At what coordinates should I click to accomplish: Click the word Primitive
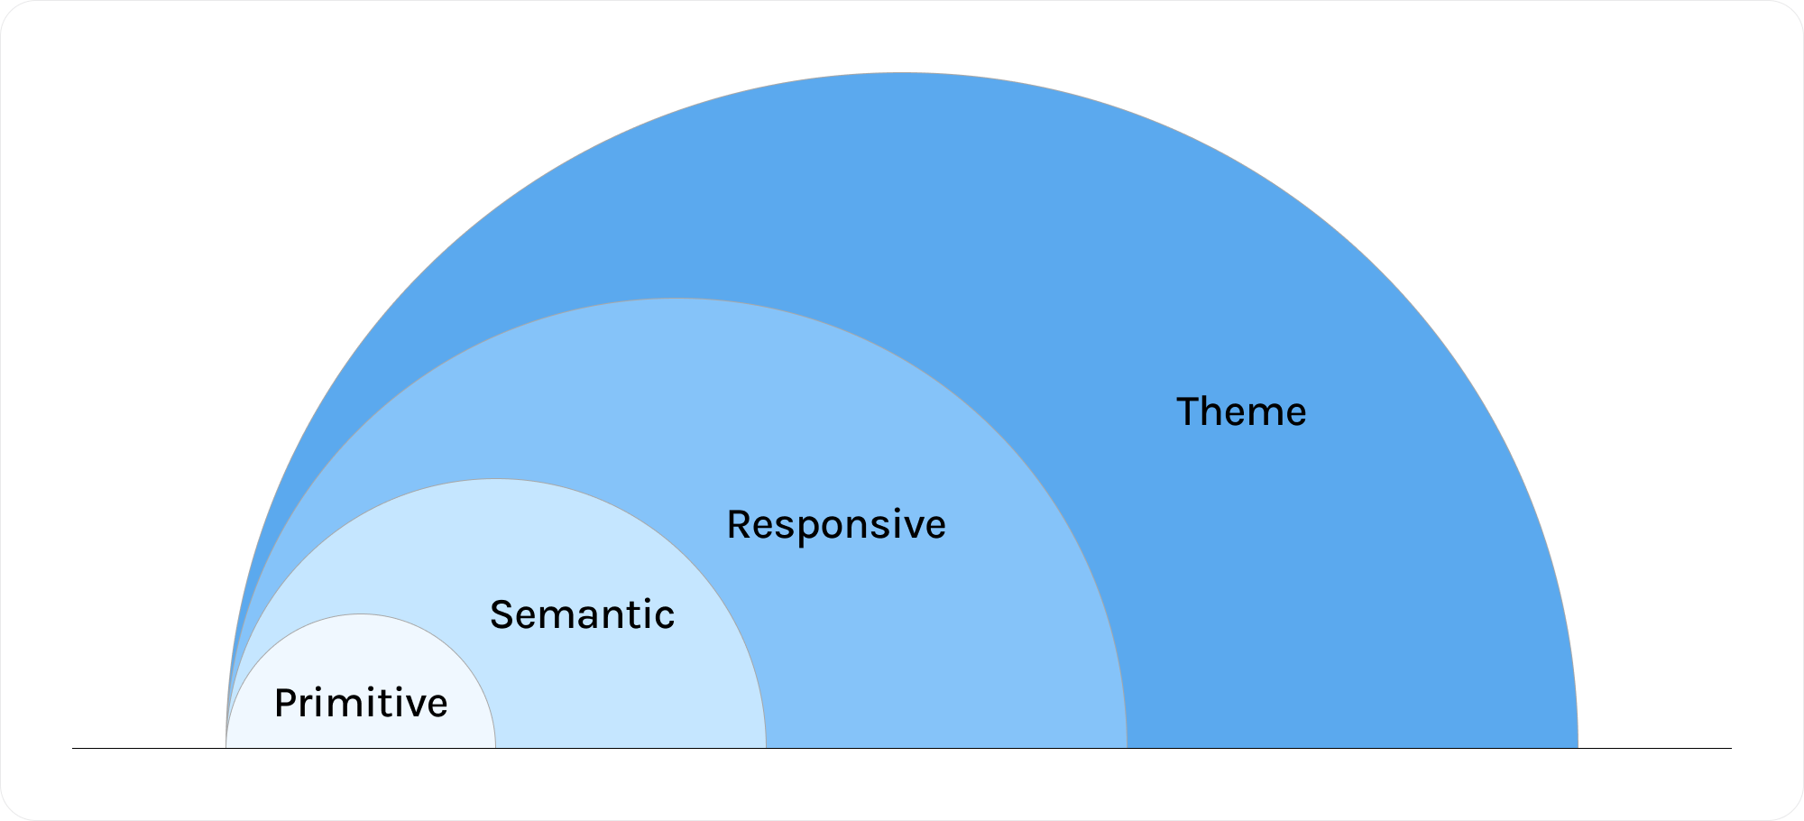click(361, 704)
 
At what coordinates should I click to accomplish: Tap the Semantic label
click(582, 615)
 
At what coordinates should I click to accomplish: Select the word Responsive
click(836, 525)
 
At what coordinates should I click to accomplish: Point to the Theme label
click(1241, 412)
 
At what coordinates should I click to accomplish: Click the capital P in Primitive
click(284, 704)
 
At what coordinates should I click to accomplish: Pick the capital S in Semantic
click(501, 615)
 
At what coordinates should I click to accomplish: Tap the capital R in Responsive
click(738, 525)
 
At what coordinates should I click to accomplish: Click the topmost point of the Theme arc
click(902, 73)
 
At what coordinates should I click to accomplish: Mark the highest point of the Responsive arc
click(676, 299)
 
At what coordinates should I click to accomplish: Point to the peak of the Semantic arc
click(496, 479)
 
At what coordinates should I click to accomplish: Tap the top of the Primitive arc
click(361, 614)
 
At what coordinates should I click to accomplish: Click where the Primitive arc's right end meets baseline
click(495, 748)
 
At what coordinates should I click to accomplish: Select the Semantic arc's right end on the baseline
click(766, 748)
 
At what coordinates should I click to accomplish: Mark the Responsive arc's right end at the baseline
click(1127, 748)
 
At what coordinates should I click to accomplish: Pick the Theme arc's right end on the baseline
click(1578, 748)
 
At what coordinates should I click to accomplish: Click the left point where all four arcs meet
click(225, 748)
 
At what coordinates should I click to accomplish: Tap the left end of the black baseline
click(73, 748)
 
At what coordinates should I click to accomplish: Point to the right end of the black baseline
click(1731, 748)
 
